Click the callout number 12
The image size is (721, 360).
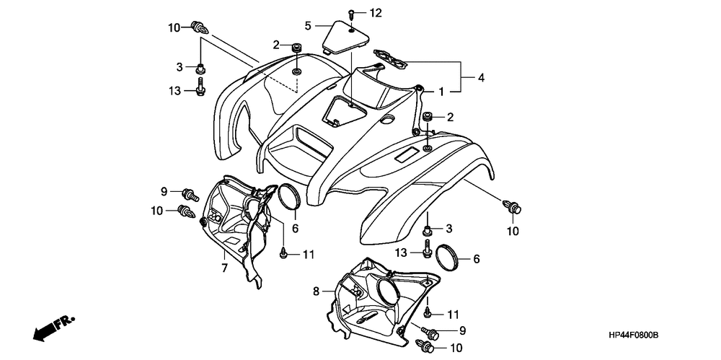[376, 13]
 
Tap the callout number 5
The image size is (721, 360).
[308, 25]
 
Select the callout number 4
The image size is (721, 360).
[481, 78]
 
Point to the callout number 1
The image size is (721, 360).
[441, 92]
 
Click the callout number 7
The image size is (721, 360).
[224, 268]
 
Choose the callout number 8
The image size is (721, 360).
[317, 291]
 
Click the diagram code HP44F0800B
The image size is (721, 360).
[633, 335]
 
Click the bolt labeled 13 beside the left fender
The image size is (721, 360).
[200, 87]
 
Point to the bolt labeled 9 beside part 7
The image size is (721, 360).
[190, 194]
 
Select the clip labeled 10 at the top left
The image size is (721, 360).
[200, 27]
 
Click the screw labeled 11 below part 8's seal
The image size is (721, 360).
[428, 312]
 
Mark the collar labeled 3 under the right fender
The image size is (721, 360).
[428, 229]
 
